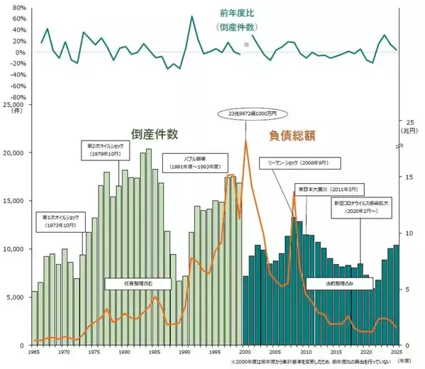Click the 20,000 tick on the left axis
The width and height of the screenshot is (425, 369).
[14, 153]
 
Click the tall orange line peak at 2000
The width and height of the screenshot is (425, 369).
[245, 141]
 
